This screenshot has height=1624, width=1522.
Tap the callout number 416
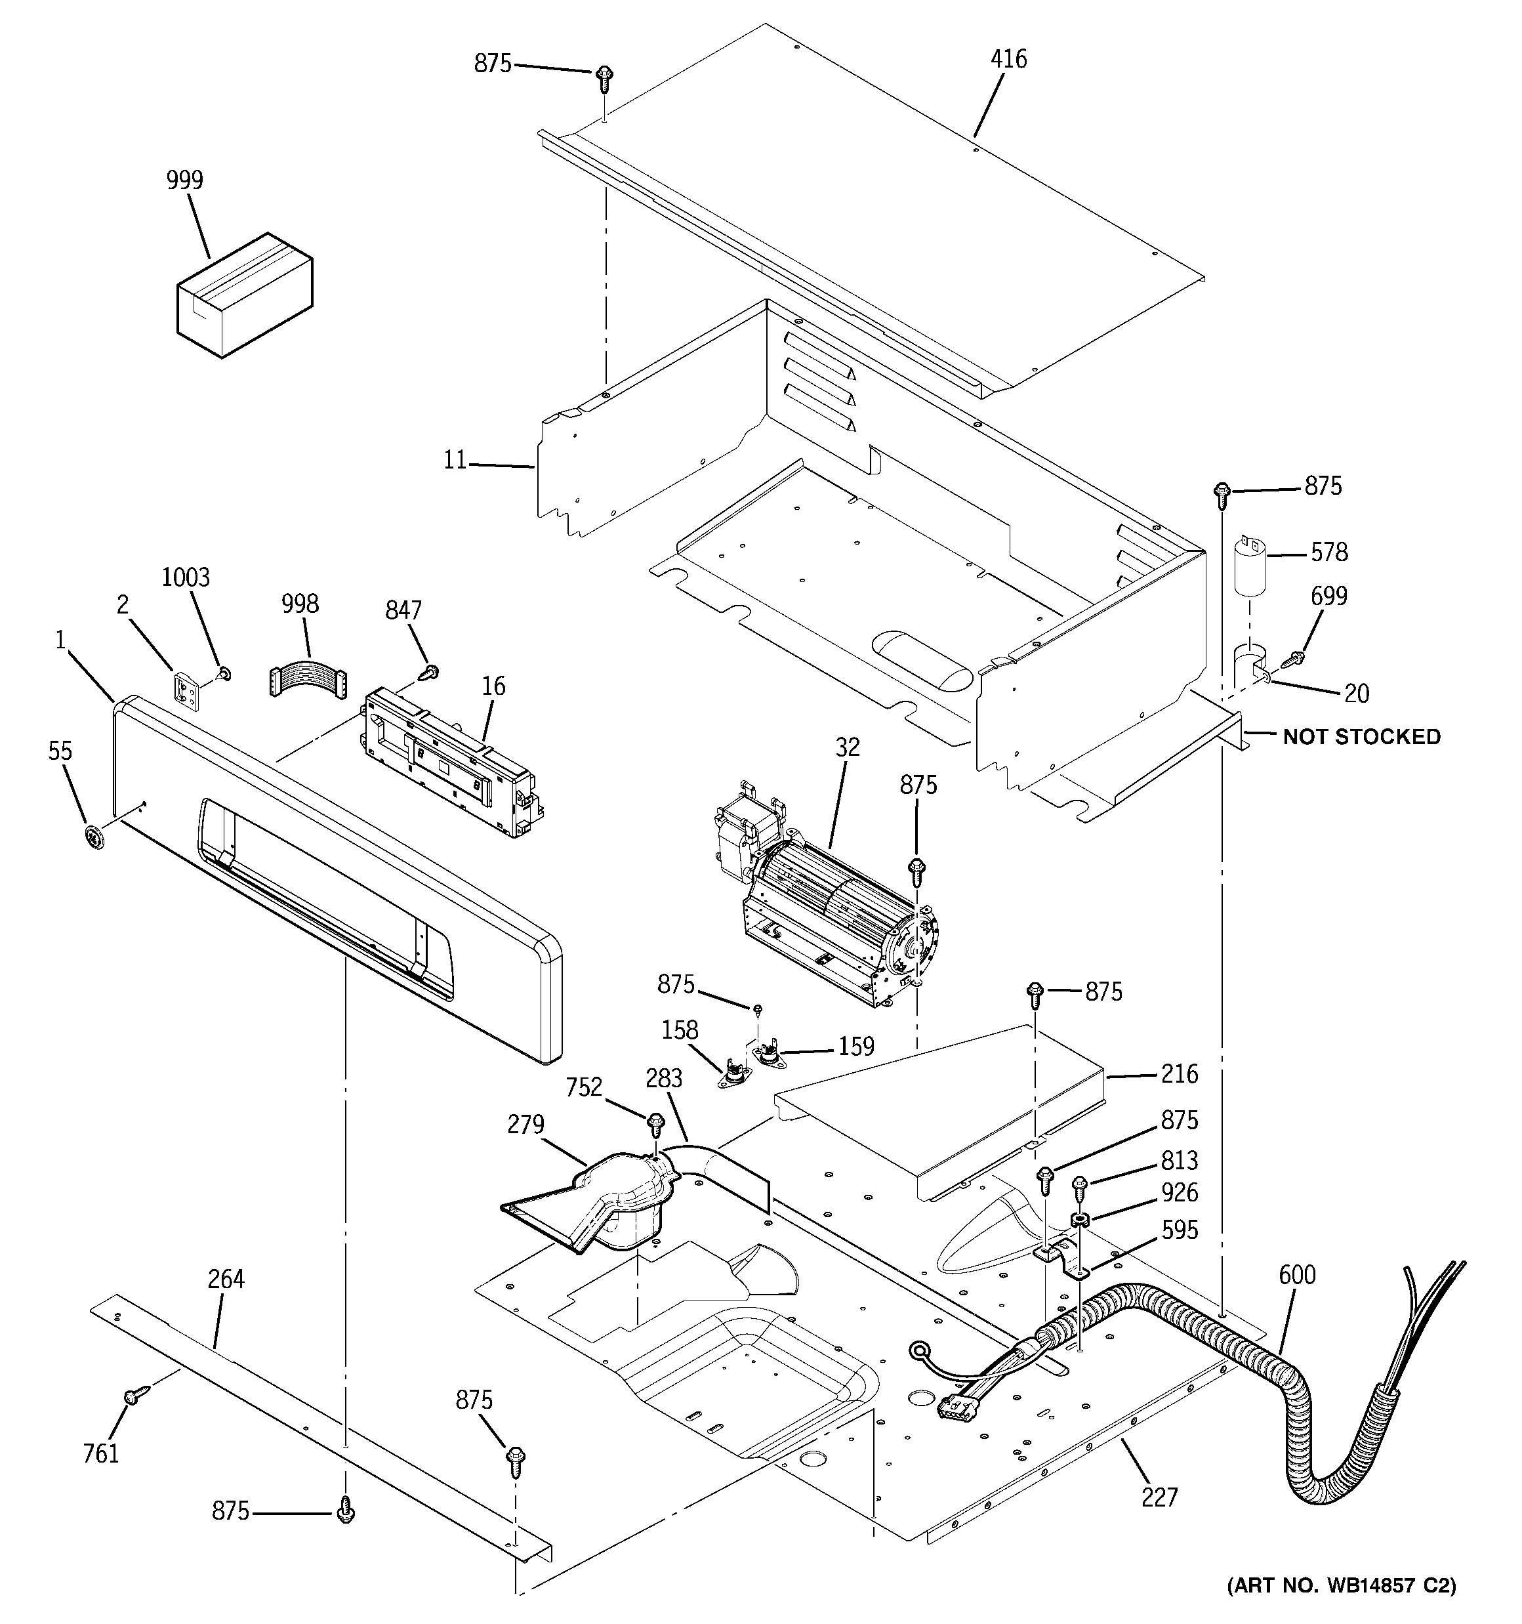tap(1008, 59)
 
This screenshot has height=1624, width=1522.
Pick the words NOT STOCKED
tap(1361, 737)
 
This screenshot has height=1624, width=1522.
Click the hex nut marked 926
tap(1079, 1221)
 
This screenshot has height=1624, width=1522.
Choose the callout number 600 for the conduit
tap(1298, 1274)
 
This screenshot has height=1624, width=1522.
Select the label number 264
tap(226, 1278)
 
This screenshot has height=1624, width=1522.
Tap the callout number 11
tap(454, 461)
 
